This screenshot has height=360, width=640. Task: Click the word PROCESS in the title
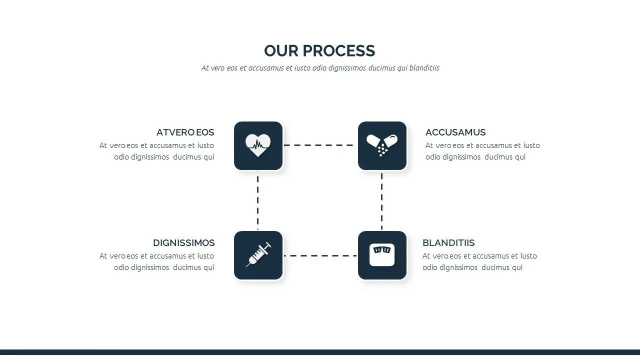point(338,51)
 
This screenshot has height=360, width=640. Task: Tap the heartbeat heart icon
point(258,145)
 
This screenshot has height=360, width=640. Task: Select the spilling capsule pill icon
point(382,145)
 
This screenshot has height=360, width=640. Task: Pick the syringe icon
point(258,255)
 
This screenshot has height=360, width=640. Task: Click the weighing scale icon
point(382,255)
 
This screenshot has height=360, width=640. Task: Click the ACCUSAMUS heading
point(455,132)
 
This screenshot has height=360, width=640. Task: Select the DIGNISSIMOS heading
point(183,243)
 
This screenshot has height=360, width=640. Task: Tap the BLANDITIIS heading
point(448,243)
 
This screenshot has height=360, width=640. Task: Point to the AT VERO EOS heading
point(185,132)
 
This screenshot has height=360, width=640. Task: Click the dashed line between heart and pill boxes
point(318,145)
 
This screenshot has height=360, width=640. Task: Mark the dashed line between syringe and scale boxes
point(320,255)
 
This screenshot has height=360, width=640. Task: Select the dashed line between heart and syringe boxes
point(257,200)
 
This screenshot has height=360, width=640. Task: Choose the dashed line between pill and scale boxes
point(381,201)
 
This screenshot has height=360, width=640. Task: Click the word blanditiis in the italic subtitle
point(424,68)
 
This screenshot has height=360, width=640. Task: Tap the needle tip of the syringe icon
point(246,267)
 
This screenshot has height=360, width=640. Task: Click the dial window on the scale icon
point(382,250)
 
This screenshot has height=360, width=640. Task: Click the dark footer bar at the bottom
point(320,352)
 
